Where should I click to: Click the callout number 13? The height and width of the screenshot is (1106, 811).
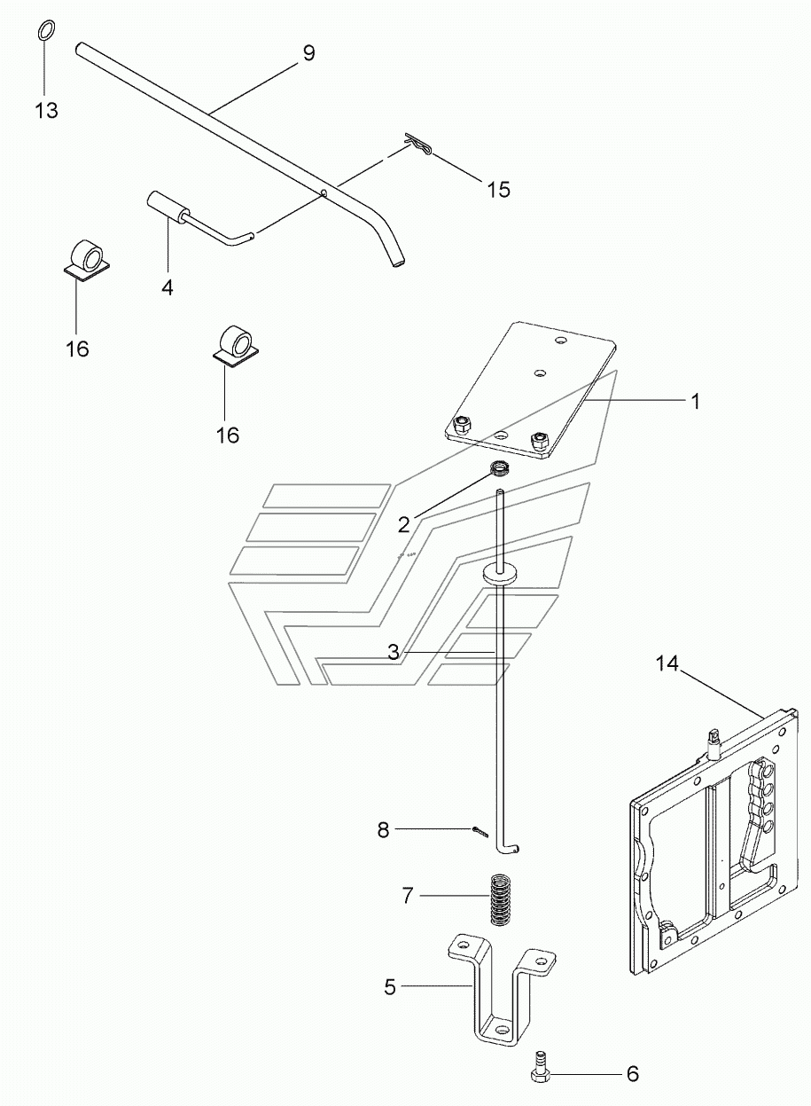pyautogui.click(x=46, y=110)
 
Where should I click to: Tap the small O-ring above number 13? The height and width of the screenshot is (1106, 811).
pyautogui.click(x=45, y=29)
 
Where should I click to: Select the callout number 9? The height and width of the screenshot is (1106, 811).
pyautogui.click(x=308, y=53)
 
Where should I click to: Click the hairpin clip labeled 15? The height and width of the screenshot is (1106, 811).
pyautogui.click(x=418, y=144)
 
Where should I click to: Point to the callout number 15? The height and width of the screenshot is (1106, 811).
pyautogui.click(x=498, y=189)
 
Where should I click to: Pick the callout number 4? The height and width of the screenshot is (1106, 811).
pyautogui.click(x=168, y=286)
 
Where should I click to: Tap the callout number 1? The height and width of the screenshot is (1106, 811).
pyautogui.click(x=695, y=402)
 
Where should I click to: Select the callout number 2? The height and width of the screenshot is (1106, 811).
pyautogui.click(x=403, y=525)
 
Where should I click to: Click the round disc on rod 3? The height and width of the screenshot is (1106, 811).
pyautogui.click(x=503, y=574)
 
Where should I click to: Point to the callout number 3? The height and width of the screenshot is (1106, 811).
pyautogui.click(x=394, y=652)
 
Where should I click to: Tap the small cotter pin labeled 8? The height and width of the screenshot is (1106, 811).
pyautogui.click(x=479, y=831)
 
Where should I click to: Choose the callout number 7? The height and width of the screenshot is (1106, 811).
pyautogui.click(x=407, y=895)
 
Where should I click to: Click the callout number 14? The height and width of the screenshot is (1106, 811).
pyautogui.click(x=667, y=663)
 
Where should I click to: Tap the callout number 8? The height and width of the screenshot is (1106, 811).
pyautogui.click(x=383, y=830)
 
